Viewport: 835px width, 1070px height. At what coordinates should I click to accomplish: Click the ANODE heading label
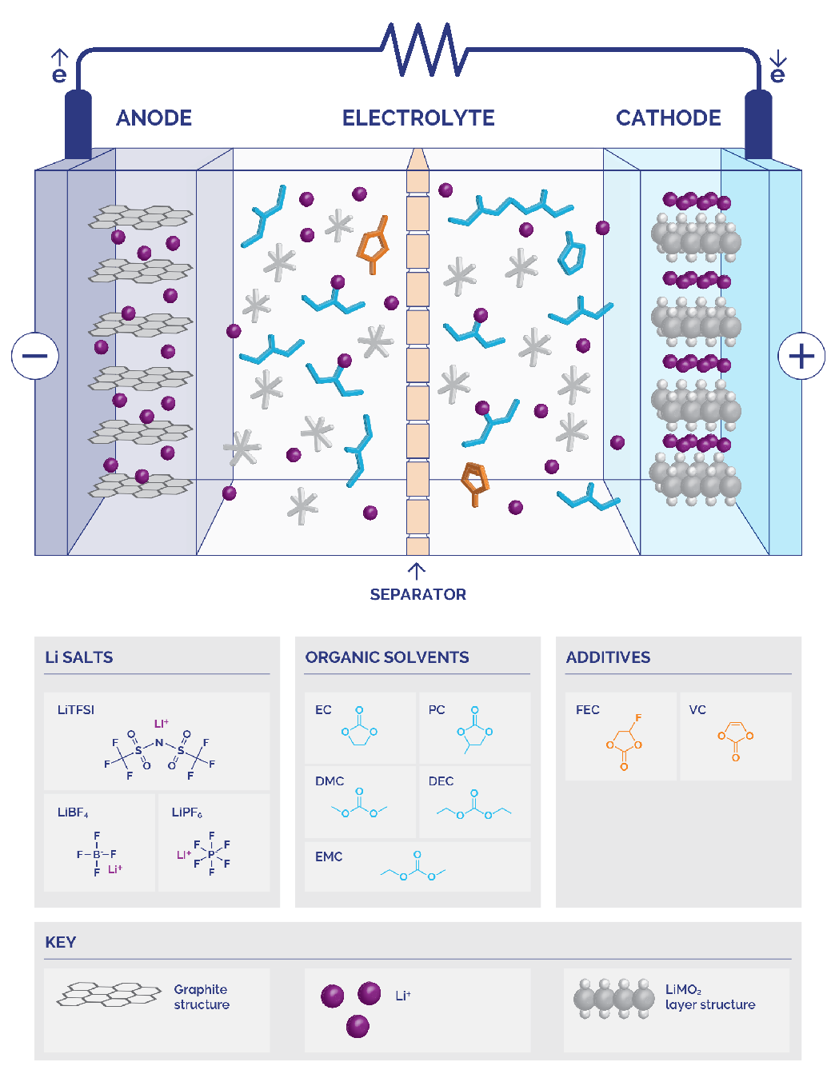coord(154,118)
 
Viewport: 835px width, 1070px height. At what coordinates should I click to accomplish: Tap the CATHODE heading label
coord(668,118)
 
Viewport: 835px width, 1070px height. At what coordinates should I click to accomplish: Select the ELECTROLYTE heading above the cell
coord(418,118)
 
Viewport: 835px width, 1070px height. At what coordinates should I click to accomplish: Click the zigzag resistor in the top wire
coord(424,50)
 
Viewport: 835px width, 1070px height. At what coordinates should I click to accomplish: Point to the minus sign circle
coord(35,356)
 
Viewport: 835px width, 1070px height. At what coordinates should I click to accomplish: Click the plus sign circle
coord(801,356)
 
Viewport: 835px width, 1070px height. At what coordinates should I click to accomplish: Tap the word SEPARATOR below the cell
coord(417,594)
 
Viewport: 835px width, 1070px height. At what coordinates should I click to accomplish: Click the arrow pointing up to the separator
coord(416,571)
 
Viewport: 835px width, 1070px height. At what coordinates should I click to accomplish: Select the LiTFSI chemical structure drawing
coord(159,749)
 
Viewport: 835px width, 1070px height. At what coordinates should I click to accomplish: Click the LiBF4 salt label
coord(73,812)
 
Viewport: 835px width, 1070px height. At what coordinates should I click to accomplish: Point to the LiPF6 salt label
coord(186,812)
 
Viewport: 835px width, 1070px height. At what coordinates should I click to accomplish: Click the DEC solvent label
coord(441,781)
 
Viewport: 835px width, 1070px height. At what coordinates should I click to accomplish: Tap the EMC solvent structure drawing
coord(413,865)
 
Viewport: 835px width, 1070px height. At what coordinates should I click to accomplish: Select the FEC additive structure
coord(625,741)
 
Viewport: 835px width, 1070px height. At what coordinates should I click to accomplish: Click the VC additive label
coord(697,709)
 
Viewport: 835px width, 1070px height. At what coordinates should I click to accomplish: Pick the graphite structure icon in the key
coord(109,993)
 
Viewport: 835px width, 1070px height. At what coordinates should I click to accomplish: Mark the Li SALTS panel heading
coord(78,657)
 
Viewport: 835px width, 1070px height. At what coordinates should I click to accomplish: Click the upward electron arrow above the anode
coord(59,57)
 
